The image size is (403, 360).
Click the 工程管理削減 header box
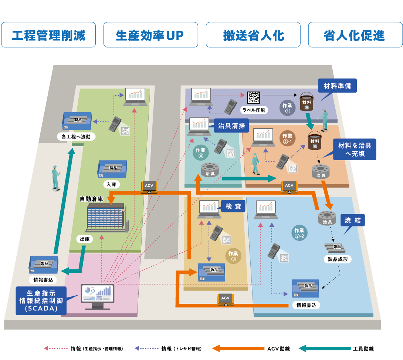48,35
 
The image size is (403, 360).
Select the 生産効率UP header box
150,35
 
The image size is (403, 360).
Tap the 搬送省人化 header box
253,35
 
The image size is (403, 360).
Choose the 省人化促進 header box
355,35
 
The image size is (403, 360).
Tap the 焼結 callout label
352,221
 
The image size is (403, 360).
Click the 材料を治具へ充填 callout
355,149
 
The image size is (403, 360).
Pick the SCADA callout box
41,300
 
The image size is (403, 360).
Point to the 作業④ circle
201,153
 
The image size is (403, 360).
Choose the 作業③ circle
233,256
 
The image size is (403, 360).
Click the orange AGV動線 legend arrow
237,349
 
